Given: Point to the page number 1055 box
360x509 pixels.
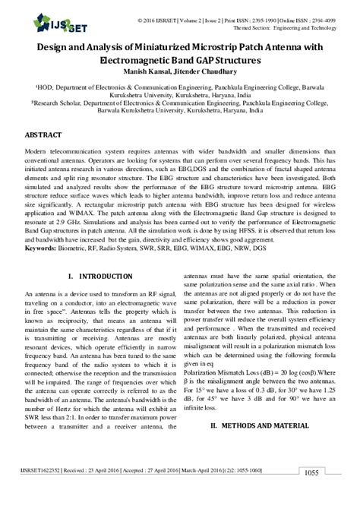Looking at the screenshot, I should click(x=331, y=495).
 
